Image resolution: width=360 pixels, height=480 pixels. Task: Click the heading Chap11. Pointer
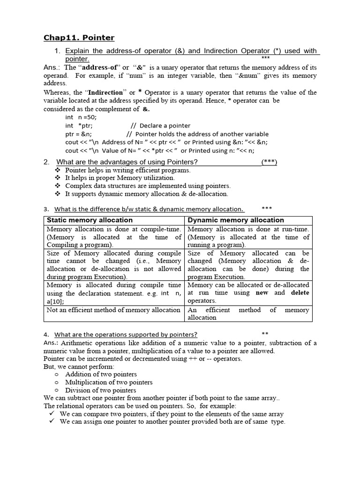click(x=79, y=37)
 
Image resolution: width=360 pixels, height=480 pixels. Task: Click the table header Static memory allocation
click(x=90, y=220)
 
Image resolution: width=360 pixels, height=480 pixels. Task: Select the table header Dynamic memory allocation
click(x=236, y=220)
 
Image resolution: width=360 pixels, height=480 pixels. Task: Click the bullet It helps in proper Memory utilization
click(x=120, y=178)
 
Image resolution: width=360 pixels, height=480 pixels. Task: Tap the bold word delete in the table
click(x=300, y=292)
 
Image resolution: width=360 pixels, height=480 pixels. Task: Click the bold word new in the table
click(x=262, y=292)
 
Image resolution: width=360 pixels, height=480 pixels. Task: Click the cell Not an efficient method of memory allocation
click(x=113, y=310)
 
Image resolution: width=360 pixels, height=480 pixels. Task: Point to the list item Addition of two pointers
click(x=101, y=374)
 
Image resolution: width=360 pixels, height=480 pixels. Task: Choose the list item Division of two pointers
click(x=101, y=390)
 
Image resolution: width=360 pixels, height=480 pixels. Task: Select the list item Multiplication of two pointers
click(x=109, y=382)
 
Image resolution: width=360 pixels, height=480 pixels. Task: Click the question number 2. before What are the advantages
click(x=46, y=162)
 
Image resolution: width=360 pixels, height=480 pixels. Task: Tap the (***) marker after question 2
click(x=269, y=162)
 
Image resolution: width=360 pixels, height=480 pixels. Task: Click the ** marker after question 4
click(x=265, y=334)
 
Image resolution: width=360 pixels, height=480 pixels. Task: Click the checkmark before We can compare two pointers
click(x=52, y=414)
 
